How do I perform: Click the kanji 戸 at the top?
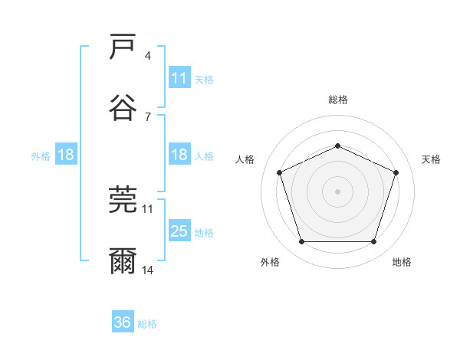click(x=123, y=47)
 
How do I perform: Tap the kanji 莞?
click(x=123, y=201)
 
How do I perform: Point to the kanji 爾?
click(x=123, y=260)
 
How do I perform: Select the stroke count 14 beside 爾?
click(x=148, y=270)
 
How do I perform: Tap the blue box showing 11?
click(x=179, y=79)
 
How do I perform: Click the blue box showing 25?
click(x=179, y=232)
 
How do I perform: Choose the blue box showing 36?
click(x=123, y=323)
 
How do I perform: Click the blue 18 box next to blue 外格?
click(x=66, y=155)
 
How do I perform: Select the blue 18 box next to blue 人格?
click(x=179, y=155)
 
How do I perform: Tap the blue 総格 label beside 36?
click(x=147, y=324)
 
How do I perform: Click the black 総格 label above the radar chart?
click(x=337, y=100)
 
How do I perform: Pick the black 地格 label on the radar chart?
click(x=402, y=262)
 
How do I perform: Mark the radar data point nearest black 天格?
click(x=396, y=172)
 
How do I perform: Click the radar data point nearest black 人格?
click(x=279, y=172)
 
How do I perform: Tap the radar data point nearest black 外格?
click(x=301, y=242)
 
